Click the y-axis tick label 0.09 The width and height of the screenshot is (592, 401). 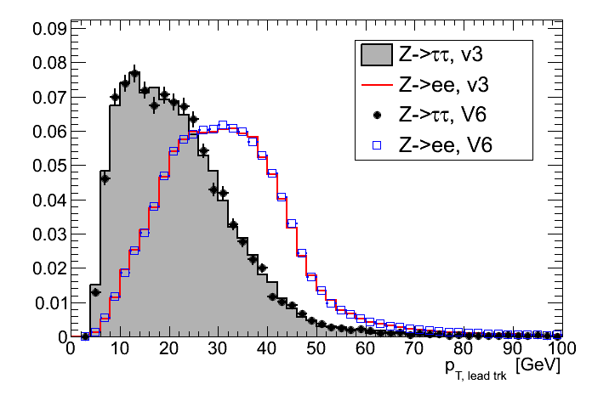point(48,28)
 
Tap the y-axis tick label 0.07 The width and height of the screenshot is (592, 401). point(48,97)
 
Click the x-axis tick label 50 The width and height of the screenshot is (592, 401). point(316,351)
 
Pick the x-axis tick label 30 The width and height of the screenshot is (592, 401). point(218,351)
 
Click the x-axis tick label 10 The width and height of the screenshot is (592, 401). point(120,351)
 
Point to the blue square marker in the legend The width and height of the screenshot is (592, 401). point(375,146)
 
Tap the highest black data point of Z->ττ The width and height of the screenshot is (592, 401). point(134,73)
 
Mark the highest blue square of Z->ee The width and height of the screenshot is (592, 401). point(223,125)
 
